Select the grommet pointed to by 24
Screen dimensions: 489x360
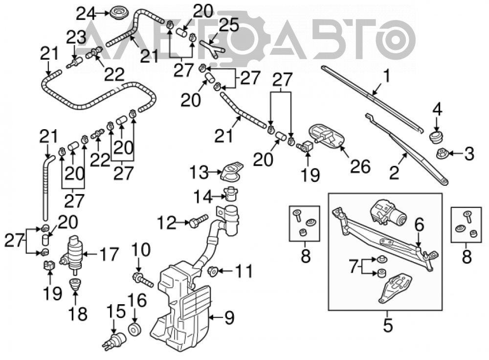pos(118,13)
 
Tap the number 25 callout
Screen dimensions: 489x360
pos(228,25)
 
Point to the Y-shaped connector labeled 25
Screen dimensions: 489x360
pos(212,49)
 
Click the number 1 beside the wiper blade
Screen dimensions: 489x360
pos(386,76)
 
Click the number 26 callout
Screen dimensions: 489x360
pos(360,166)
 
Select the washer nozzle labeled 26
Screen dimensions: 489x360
pos(325,137)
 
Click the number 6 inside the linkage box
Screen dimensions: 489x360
pos(419,225)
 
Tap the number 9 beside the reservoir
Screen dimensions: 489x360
pos(229,318)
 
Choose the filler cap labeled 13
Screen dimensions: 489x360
pos(231,171)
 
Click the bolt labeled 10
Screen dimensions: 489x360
pos(142,279)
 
